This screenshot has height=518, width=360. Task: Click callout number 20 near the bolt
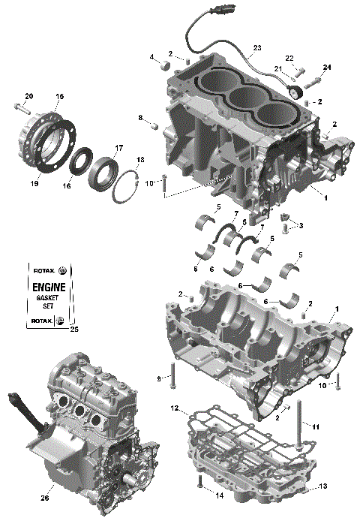tap(29, 95)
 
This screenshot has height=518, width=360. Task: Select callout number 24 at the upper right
tap(326, 68)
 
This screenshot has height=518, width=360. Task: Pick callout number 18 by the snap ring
tap(140, 161)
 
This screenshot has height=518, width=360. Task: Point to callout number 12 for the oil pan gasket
tap(174, 408)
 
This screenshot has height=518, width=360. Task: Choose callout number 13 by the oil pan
tap(323, 486)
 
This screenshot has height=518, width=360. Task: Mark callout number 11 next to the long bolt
tap(316, 426)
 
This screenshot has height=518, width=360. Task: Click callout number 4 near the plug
tap(151, 57)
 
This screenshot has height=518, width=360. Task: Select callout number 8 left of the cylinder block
tap(140, 117)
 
